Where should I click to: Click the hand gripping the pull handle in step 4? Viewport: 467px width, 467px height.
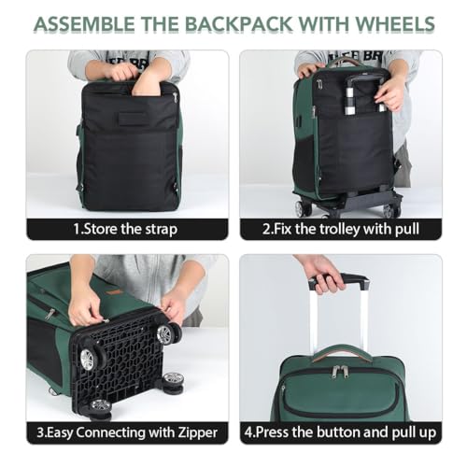pyautogui.click(x=320, y=272)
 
